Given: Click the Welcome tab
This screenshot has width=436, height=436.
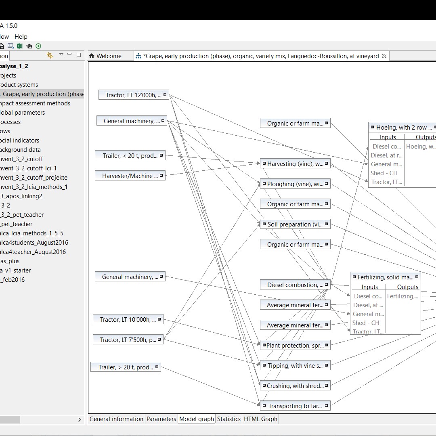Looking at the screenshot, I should click(x=109, y=56).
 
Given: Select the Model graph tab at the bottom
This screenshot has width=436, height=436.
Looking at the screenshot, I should click(x=196, y=419).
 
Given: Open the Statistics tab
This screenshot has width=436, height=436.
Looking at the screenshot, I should click(x=228, y=419).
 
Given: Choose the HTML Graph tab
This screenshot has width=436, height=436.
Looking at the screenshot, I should click(x=260, y=419).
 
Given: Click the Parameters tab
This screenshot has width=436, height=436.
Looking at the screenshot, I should click(x=161, y=419).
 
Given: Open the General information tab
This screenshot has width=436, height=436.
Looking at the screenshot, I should click(x=116, y=419).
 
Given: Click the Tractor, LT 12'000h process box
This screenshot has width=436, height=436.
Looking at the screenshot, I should click(x=133, y=95).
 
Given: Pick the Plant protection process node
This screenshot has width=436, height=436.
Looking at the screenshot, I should click(x=294, y=346).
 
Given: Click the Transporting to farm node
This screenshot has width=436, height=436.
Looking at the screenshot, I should click(x=295, y=406).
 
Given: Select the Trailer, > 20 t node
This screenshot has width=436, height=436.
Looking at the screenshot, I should click(x=126, y=367).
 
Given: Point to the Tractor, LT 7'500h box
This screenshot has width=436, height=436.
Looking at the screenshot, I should click(x=128, y=340).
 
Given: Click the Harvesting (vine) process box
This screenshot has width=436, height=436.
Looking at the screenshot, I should click(x=295, y=164).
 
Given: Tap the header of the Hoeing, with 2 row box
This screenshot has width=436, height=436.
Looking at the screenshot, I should click(x=404, y=128).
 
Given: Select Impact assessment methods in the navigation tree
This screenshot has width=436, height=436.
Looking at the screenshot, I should click(x=36, y=103).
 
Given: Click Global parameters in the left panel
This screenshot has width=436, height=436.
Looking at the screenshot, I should click(x=23, y=113).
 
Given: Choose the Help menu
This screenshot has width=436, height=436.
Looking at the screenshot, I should click(x=21, y=37).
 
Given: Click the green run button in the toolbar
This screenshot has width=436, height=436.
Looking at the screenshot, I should click(x=38, y=46).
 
